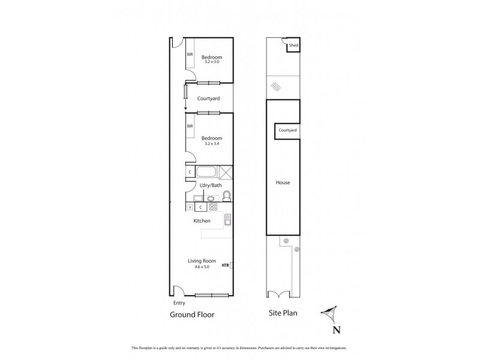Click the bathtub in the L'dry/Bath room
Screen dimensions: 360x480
pos(206,172)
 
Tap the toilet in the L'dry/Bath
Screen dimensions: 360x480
pos(227,196)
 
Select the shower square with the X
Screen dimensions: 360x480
pos(226,172)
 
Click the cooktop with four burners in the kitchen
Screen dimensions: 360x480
pos(213,207)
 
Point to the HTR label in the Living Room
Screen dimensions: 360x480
pos(226,265)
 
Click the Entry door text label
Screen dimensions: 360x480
pos(178,303)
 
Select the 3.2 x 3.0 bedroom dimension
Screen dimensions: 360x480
pos(211,62)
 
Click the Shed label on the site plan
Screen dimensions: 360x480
pos(293,46)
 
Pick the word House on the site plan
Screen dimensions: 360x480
pos(283,182)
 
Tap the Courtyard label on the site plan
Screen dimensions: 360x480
pos(287,130)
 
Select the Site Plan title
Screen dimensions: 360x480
pos(284,313)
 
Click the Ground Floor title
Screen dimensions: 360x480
pos(192,314)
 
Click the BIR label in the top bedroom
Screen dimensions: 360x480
pos(190,55)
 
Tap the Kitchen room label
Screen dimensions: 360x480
pos(202,221)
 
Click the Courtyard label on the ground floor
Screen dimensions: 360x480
pos(208,98)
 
